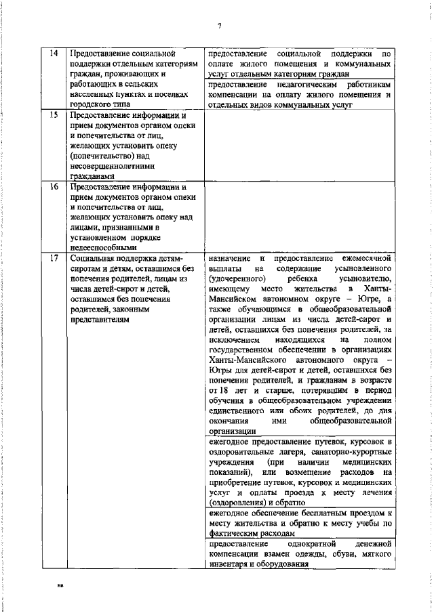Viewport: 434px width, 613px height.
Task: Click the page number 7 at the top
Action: (x=220, y=26)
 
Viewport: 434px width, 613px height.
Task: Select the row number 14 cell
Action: (x=54, y=53)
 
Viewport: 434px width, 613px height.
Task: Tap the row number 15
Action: (x=54, y=116)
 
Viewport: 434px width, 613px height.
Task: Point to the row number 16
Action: (x=54, y=186)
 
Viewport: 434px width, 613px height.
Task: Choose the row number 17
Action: (x=54, y=258)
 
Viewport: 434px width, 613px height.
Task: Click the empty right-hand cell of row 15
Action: (x=299, y=145)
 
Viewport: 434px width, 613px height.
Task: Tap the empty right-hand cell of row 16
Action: (x=299, y=215)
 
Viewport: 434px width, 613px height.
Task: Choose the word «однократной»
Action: (x=313, y=544)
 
